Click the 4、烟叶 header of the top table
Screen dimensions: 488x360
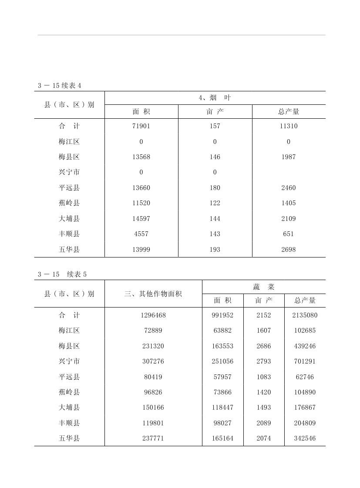[x=215, y=98]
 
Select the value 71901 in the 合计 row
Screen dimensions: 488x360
[x=141, y=126]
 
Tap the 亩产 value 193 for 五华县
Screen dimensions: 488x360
[x=215, y=250]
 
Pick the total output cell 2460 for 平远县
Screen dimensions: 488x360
[x=288, y=188]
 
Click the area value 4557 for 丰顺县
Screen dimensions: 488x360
[x=141, y=234]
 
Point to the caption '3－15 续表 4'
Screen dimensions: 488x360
[x=60, y=86]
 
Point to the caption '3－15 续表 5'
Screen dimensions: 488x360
[x=62, y=274]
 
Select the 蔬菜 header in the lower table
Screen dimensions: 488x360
[x=264, y=287]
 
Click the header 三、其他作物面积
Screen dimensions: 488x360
[x=153, y=294]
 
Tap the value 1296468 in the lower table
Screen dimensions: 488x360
[x=153, y=315]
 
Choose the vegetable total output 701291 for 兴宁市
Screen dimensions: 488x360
[x=305, y=361]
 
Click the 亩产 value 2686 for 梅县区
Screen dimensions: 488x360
[x=264, y=346]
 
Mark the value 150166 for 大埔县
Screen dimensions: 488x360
[x=153, y=408]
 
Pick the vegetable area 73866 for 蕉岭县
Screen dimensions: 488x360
[x=222, y=392]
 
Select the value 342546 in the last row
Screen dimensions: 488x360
[x=305, y=438]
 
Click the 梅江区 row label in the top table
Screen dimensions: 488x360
[x=69, y=142]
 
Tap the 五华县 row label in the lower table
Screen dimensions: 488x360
[x=69, y=438]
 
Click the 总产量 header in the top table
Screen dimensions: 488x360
[x=289, y=112]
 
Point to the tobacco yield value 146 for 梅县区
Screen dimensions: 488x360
[x=215, y=157]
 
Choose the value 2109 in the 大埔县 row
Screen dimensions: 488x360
[x=288, y=219]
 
